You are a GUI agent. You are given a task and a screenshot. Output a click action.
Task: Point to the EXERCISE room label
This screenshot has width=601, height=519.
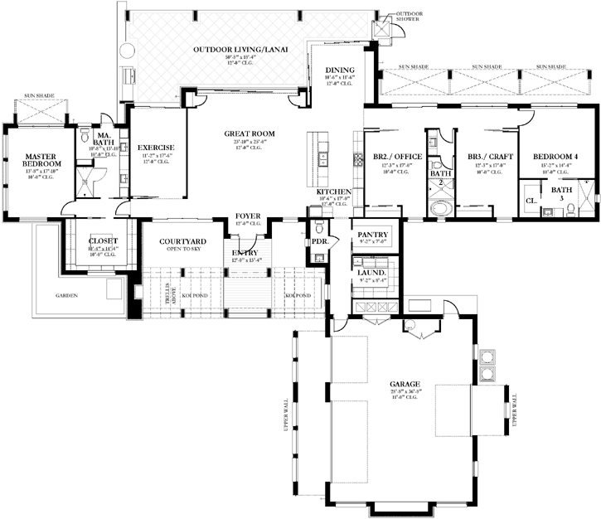[x=155, y=148]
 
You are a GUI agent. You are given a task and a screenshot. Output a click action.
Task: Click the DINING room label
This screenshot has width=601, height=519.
[x=339, y=70]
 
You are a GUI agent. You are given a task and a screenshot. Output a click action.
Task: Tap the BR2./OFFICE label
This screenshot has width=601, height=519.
[x=398, y=157]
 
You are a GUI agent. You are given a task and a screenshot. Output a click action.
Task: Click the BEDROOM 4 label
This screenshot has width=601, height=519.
[x=555, y=157]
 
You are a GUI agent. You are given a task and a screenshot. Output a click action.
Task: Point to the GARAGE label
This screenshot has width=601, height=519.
[x=405, y=384]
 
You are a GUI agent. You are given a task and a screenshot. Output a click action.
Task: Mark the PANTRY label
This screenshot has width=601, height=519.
[x=367, y=235]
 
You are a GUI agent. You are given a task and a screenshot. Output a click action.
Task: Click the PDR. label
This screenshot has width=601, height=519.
[x=319, y=243]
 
